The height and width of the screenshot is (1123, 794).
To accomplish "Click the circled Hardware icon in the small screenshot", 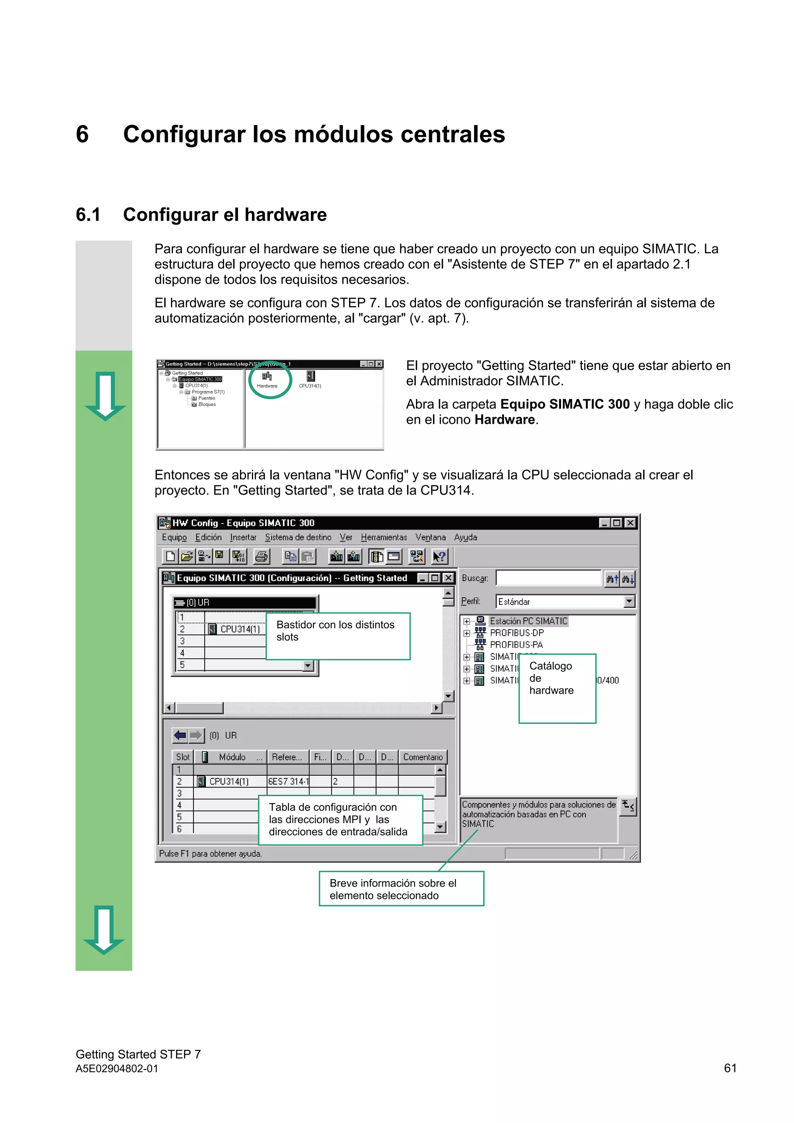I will coord(267,378).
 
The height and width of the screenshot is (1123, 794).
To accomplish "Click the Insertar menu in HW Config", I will coord(243,537).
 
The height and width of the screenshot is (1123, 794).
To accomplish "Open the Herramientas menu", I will coord(383,537).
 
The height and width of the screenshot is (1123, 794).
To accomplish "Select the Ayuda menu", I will coord(465,537).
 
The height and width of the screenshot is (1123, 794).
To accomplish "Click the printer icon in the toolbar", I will coord(262,556).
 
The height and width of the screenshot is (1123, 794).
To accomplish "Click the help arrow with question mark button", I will coord(439,556).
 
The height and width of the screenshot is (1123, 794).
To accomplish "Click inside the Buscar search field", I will coord(548,578).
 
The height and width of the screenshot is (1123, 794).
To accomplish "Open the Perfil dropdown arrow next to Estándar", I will coord(629,601).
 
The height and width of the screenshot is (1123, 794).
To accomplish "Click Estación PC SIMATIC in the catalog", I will coord(528,621).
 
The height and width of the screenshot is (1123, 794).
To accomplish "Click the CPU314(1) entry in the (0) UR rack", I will coord(239,629).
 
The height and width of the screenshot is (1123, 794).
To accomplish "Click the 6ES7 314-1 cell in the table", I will coord(288,781).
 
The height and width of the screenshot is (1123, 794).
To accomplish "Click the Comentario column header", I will coord(423,757).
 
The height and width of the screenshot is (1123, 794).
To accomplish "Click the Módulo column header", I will coord(232,757).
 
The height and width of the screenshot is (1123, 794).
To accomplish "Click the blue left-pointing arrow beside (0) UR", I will coord(180,735).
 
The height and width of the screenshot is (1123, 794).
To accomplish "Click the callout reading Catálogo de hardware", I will coord(557,688).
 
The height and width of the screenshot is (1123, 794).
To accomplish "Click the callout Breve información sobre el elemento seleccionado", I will coord(401,889).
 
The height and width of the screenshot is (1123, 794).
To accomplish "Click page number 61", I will coord(730,1068).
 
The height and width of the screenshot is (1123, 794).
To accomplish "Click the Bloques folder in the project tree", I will coord(207,404).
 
